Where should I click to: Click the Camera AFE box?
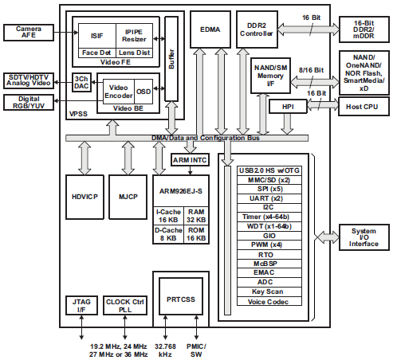point(29,33)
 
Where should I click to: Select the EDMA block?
point(210,31)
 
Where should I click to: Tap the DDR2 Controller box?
point(256,29)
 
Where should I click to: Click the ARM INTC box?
point(191,160)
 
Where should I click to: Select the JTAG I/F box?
point(80,307)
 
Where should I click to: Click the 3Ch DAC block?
point(81,84)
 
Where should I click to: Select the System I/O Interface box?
point(364,237)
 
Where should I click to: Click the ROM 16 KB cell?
point(197,234)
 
